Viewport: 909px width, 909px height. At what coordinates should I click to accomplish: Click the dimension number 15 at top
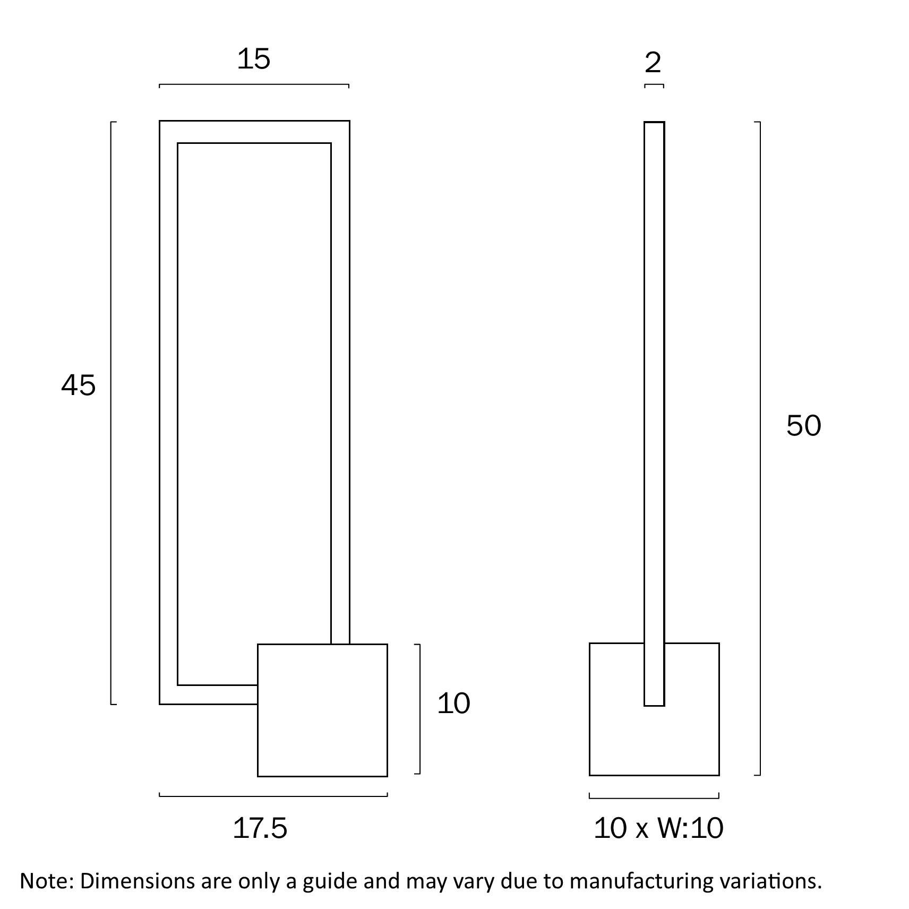pyautogui.click(x=253, y=59)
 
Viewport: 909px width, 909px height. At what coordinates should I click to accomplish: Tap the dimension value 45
pyautogui.click(x=79, y=385)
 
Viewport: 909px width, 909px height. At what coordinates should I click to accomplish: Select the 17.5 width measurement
pyautogui.click(x=260, y=828)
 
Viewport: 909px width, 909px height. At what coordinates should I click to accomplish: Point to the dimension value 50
pyautogui.click(x=803, y=426)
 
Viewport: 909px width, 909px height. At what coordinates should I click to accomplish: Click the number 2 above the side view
pyautogui.click(x=653, y=63)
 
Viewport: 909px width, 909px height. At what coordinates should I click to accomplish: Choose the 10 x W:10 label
pyautogui.click(x=658, y=828)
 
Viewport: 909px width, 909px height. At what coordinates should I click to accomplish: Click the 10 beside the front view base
pyautogui.click(x=453, y=704)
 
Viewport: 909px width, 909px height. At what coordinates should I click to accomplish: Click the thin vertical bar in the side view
pyautogui.click(x=654, y=372)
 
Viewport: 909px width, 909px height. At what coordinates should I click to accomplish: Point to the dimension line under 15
pyautogui.click(x=254, y=84)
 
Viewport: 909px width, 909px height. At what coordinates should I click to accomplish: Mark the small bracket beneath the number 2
pyautogui.click(x=654, y=85)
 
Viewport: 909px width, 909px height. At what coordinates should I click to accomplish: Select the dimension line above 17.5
pyautogui.click(x=273, y=796)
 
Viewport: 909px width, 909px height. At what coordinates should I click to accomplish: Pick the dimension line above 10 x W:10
pyautogui.click(x=654, y=798)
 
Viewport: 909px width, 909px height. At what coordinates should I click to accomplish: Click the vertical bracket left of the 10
pyautogui.click(x=420, y=709)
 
